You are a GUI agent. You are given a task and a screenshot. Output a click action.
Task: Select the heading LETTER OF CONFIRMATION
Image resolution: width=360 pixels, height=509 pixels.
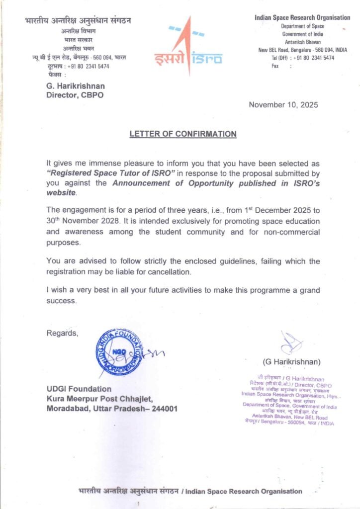[x=182, y=134]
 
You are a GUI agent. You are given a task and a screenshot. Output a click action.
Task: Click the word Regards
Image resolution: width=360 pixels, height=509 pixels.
[x=62, y=333]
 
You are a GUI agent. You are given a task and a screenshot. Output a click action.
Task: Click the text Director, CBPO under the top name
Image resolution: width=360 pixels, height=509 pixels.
[x=75, y=95]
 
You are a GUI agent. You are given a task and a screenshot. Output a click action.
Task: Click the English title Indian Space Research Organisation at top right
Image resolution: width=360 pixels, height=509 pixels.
[x=302, y=18]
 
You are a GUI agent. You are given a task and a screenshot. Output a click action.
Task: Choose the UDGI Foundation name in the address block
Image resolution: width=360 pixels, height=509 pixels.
[x=79, y=389]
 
